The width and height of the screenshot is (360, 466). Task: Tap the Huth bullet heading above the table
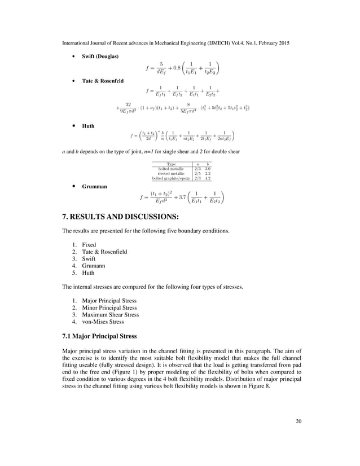coord(88,126)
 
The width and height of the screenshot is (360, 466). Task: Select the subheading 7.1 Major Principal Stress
coord(100,336)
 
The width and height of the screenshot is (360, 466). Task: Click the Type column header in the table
coord(172,164)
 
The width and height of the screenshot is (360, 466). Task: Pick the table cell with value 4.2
coord(208,178)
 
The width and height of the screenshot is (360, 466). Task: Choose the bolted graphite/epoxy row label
coord(172,178)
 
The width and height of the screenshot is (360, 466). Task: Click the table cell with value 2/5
coord(197,173)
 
